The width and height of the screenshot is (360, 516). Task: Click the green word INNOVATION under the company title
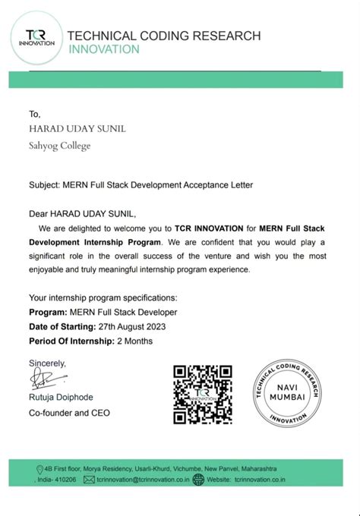point(104,49)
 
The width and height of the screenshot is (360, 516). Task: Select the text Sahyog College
point(59,146)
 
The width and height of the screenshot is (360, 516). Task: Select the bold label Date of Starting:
point(62,326)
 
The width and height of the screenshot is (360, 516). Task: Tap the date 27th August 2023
point(131,326)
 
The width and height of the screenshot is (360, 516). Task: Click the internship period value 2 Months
point(134,341)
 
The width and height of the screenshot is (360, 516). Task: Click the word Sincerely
point(48,362)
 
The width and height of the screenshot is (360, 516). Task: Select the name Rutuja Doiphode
point(64,398)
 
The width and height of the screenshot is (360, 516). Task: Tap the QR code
point(202,394)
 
